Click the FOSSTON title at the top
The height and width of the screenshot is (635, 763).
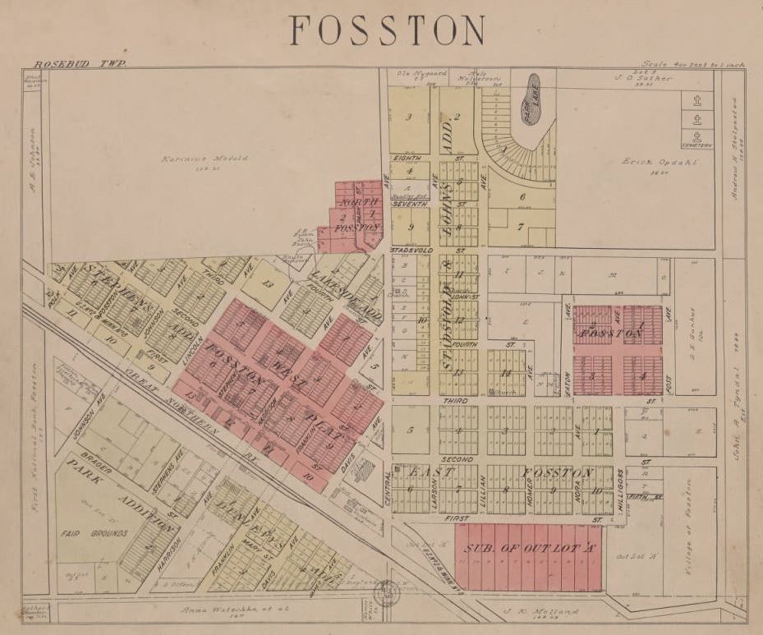[x=387, y=31]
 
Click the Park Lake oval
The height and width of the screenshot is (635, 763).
[x=532, y=99]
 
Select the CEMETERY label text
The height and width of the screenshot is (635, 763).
[x=696, y=146]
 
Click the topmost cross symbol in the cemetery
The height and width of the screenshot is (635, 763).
[x=696, y=102]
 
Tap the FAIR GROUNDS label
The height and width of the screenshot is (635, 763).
[x=93, y=533]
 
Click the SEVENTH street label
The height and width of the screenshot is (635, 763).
[x=409, y=204]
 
